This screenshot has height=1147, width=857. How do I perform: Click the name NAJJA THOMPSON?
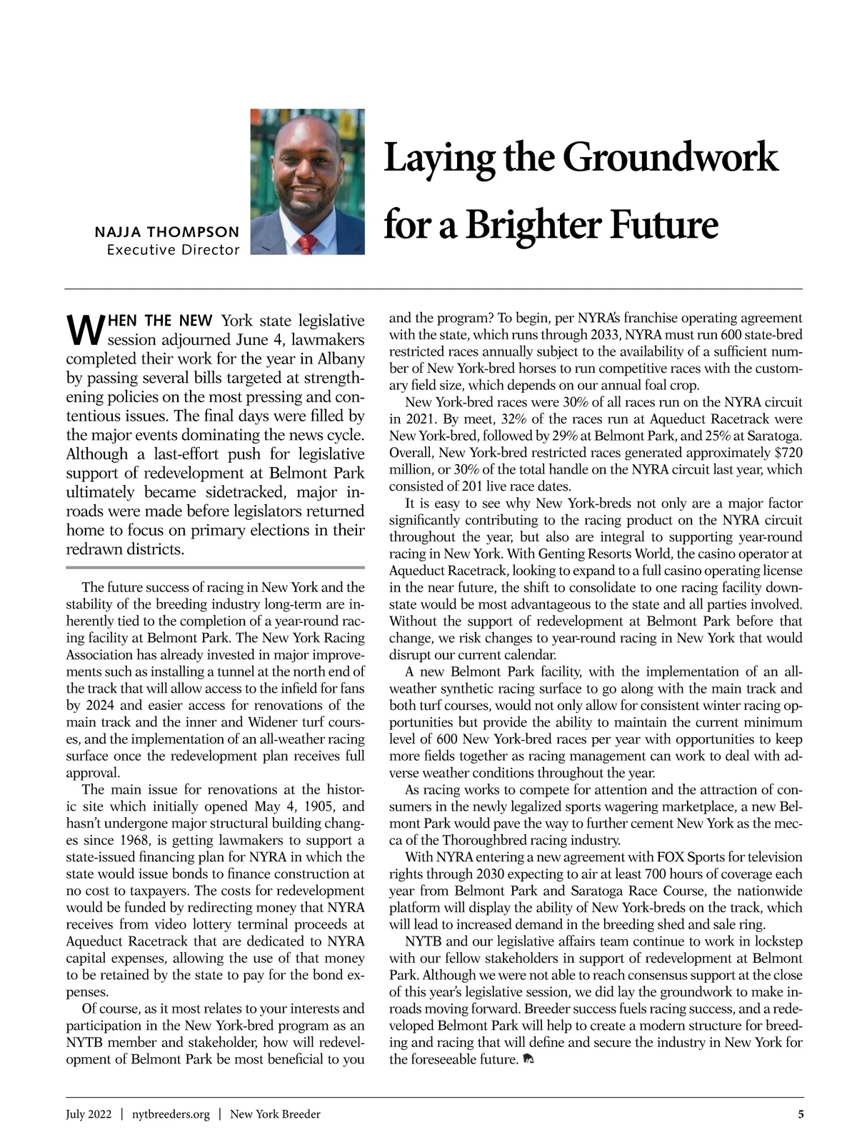click(x=166, y=232)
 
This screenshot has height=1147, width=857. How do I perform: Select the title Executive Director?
click(x=172, y=250)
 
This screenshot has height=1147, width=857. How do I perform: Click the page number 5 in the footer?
click(x=801, y=1114)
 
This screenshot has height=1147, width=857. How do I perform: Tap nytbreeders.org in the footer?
click(x=171, y=1114)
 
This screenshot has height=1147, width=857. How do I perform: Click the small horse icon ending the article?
click(x=529, y=1059)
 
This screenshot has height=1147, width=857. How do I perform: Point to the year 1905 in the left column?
click(x=319, y=807)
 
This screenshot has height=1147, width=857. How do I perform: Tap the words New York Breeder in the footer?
click(x=275, y=1114)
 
